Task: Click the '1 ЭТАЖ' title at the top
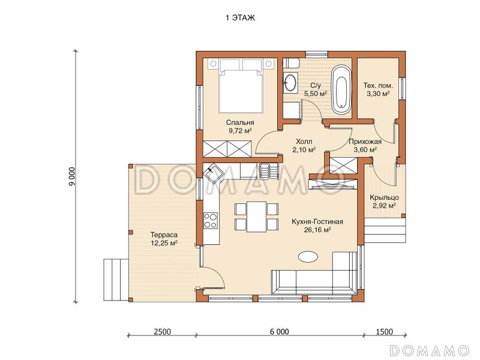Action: tap(240, 18)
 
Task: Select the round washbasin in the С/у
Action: tap(290, 82)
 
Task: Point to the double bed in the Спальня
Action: tap(241, 86)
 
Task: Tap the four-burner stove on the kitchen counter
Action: tap(211, 220)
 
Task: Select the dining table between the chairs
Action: tap(257, 217)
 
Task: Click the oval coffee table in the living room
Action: tap(308, 256)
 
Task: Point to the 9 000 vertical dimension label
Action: tap(71, 176)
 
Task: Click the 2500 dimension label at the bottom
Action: tap(162, 332)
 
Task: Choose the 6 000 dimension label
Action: tap(280, 332)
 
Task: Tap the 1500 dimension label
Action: tap(385, 332)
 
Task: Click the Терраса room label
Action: tap(164, 235)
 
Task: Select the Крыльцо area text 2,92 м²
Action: tap(385, 206)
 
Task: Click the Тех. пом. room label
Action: tap(378, 85)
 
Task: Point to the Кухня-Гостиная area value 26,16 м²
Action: tap(317, 230)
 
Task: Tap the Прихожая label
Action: tap(365, 142)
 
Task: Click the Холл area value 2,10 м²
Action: tap(304, 149)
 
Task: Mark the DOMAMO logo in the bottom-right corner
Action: tap(430, 350)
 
